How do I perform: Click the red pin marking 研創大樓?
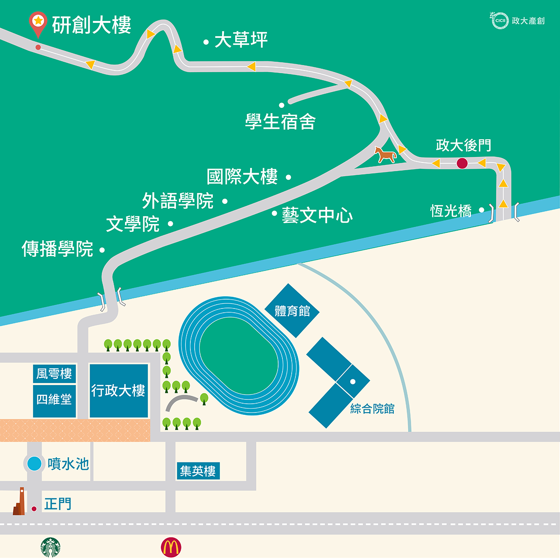(x=38, y=23)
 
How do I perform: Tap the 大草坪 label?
(x=241, y=40)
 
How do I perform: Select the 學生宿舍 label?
(x=280, y=122)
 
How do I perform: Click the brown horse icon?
(x=385, y=154)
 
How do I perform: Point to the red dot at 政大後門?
(x=462, y=163)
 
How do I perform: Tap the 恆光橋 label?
(x=451, y=211)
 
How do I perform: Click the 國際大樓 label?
(x=242, y=177)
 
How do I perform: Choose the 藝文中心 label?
(x=317, y=215)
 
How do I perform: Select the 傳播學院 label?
(x=57, y=249)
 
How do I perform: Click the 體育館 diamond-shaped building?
(x=292, y=310)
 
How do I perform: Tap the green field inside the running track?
(x=238, y=356)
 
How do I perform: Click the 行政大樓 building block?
(x=119, y=391)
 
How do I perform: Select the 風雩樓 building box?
(x=54, y=374)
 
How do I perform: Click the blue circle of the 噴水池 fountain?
(x=34, y=463)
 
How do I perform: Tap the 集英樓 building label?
(x=198, y=471)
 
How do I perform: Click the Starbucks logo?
(x=50, y=547)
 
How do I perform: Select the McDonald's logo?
(x=171, y=547)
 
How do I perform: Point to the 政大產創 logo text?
(x=528, y=21)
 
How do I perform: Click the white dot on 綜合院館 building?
(x=353, y=382)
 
